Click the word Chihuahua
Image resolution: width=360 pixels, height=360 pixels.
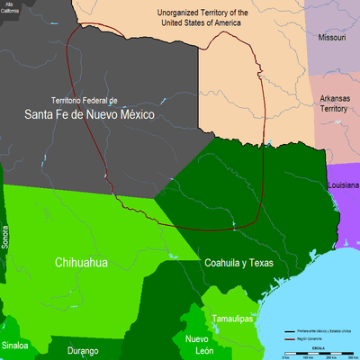click(x=81, y=263)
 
